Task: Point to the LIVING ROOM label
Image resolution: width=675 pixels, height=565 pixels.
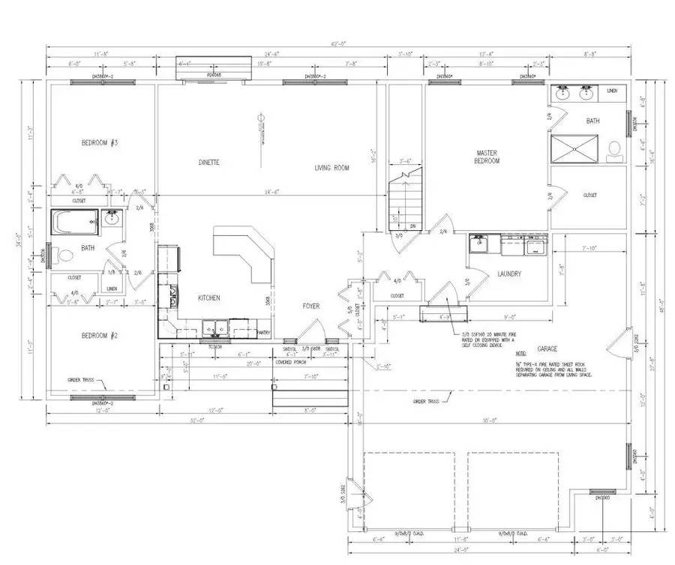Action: click(x=332, y=168)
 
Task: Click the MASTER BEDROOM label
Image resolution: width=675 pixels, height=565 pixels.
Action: click(x=487, y=157)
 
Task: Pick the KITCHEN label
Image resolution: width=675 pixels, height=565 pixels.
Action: click(x=208, y=297)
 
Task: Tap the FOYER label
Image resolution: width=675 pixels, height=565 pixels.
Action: click(x=311, y=305)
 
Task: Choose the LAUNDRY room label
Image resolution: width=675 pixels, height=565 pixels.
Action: click(x=508, y=274)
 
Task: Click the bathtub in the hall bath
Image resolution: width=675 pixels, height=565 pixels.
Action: click(x=74, y=222)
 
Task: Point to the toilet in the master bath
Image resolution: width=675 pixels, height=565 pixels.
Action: click(x=613, y=148)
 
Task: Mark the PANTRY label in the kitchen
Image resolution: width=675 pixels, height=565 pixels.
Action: click(x=263, y=331)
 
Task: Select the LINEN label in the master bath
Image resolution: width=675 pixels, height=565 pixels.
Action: click(x=612, y=90)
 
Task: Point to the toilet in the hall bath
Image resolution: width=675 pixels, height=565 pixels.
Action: click(x=64, y=256)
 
